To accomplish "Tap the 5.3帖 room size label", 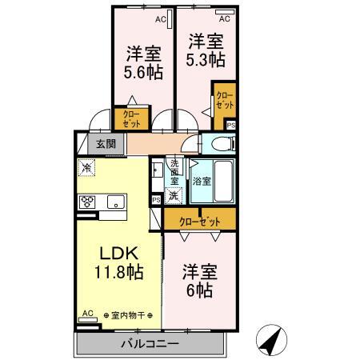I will click(206, 60).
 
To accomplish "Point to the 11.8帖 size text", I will click(118, 272).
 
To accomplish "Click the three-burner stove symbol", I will click(86, 202).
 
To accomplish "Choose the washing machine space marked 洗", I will click(173, 193).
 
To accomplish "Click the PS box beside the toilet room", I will click(231, 126).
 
